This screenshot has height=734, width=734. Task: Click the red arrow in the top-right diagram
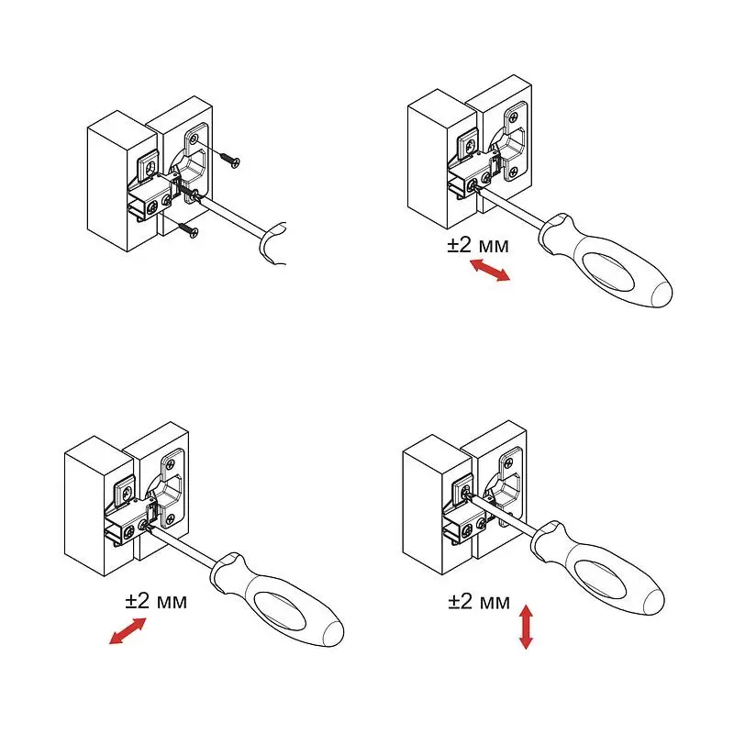pos(490,271)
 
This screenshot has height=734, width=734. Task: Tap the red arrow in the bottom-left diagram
pos(128,630)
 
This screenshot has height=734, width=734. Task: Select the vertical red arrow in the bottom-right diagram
pos(526,627)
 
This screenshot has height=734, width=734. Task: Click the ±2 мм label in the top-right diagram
pos(478,245)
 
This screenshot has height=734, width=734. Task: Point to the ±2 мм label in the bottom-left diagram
pos(156,601)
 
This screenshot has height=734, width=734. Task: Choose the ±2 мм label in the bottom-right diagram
pos(479,601)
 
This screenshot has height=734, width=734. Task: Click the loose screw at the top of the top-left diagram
pos(229,160)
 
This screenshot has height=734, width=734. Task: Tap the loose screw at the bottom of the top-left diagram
pos(188,230)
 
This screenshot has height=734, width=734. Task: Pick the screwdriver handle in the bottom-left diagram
pos(277,600)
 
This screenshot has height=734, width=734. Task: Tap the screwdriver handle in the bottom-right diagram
pos(598,568)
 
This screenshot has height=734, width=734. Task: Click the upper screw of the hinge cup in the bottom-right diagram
pos(506,466)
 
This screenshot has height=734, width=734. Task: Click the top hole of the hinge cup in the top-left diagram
pos(194,139)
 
